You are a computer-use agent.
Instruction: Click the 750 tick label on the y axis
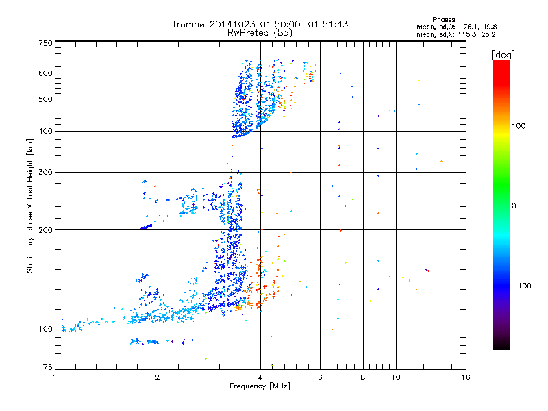tap(45, 43)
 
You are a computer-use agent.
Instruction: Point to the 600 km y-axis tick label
tap(45, 73)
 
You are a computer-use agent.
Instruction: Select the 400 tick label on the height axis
tap(45, 131)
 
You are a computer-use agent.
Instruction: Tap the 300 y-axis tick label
tap(45, 172)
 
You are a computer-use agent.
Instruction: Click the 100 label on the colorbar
tap(519, 126)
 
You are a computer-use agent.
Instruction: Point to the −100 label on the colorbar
tap(522, 285)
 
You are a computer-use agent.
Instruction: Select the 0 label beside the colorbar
tap(514, 206)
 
